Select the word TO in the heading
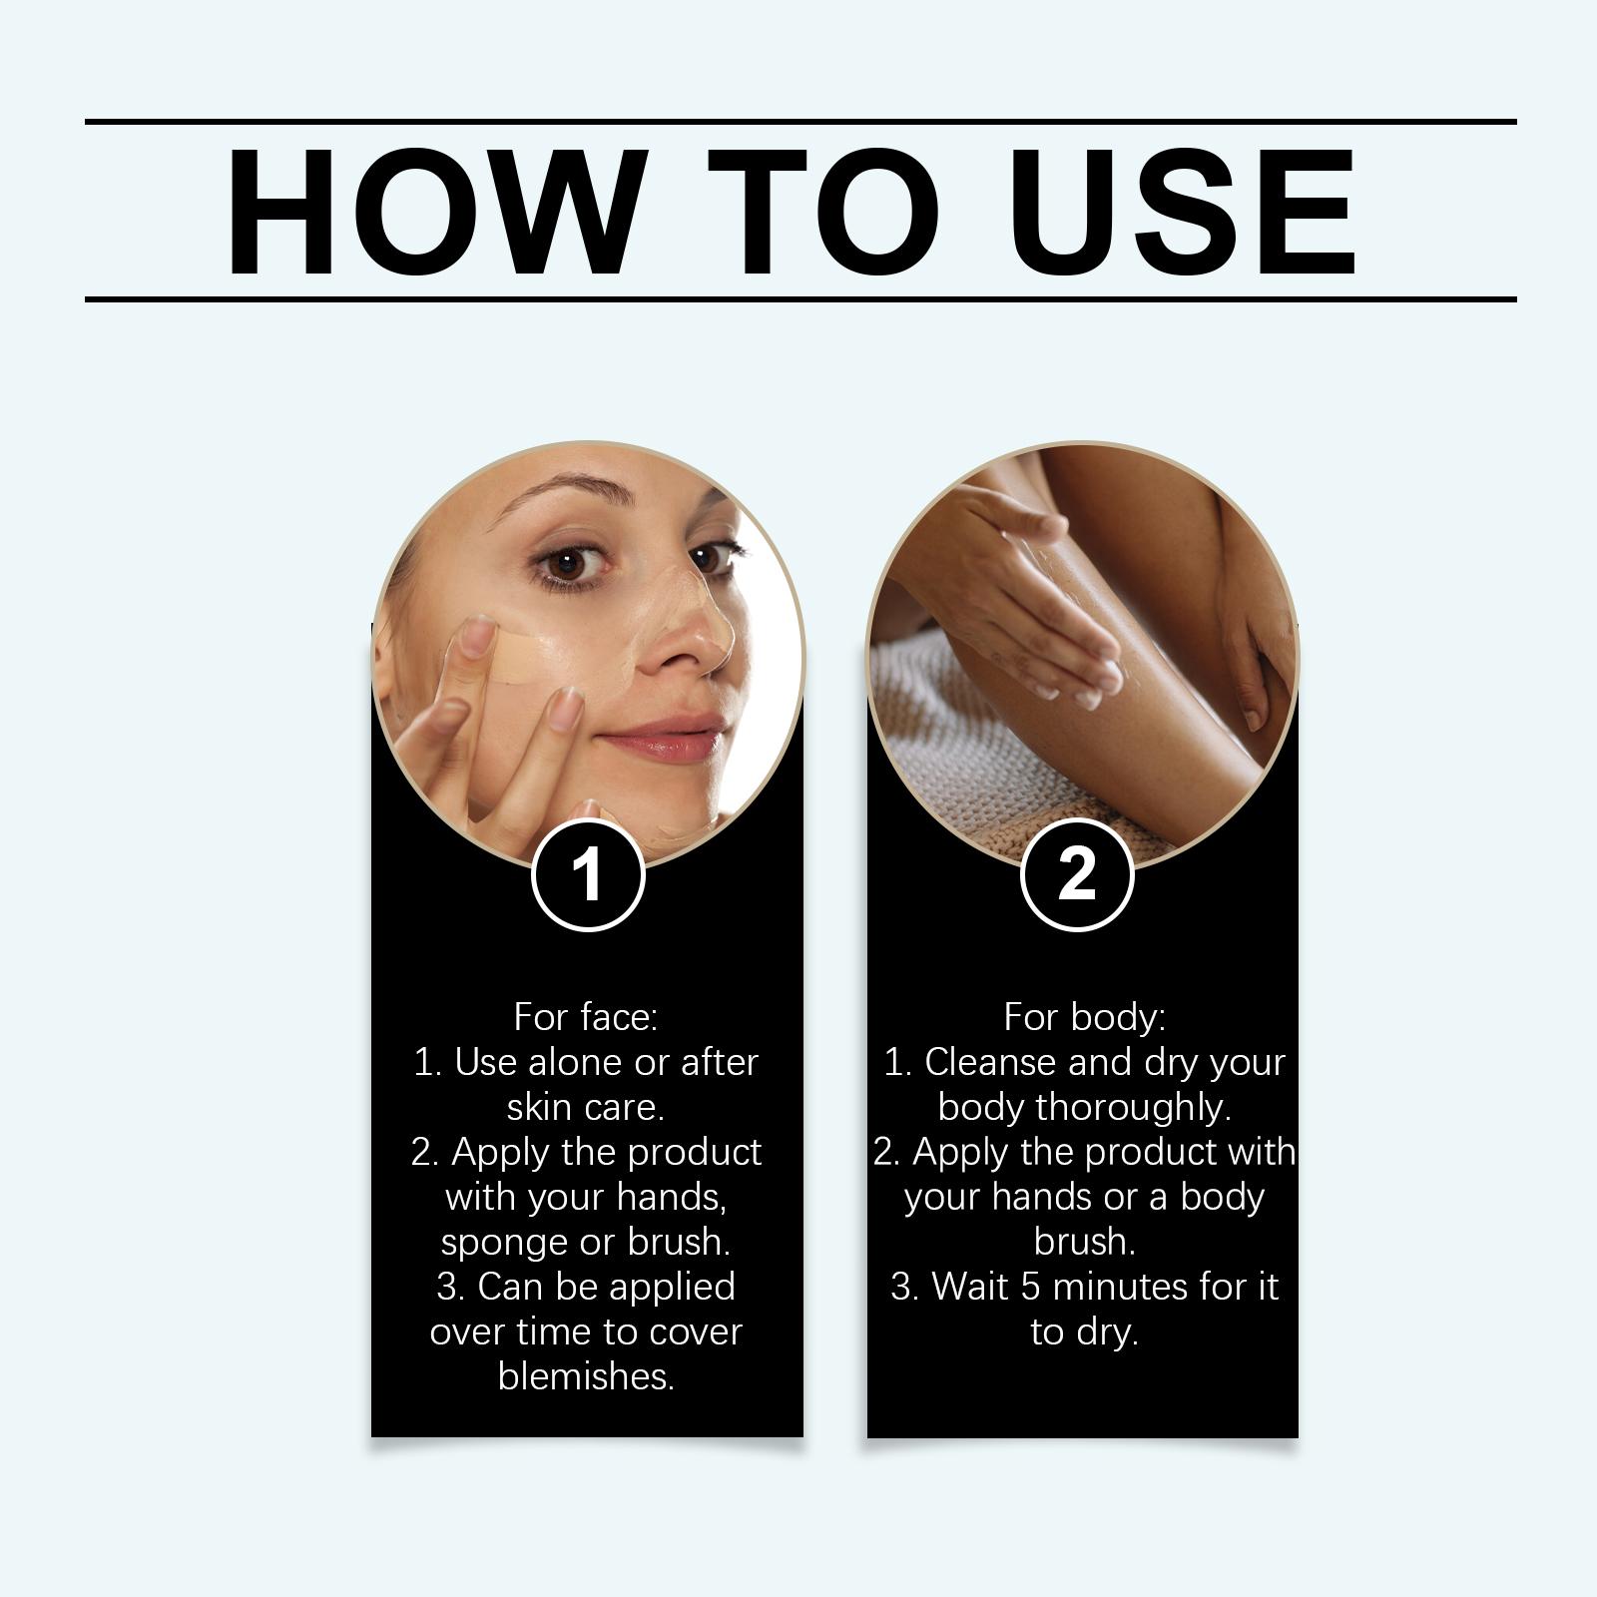click(824, 212)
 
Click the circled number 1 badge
click(588, 874)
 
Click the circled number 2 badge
click(1077, 874)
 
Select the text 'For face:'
click(586, 1017)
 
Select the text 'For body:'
click(1084, 1017)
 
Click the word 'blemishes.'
click(586, 1376)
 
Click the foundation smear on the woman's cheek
click(514, 654)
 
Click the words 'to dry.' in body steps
click(1084, 1331)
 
